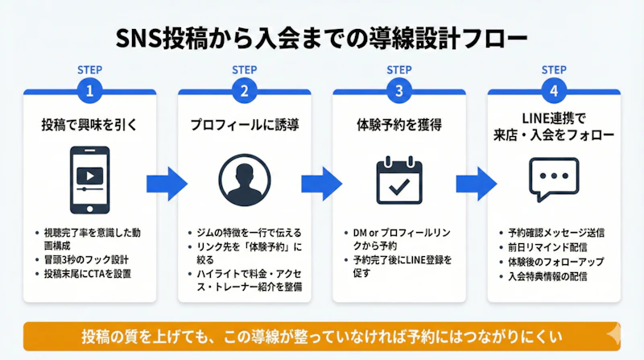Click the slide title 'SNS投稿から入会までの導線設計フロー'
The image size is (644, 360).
(322, 39)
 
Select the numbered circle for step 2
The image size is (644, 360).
(244, 90)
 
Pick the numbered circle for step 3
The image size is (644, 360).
(399, 90)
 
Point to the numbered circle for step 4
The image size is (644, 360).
(554, 90)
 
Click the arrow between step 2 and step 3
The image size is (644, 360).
(321, 179)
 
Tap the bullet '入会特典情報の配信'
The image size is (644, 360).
(547, 276)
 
